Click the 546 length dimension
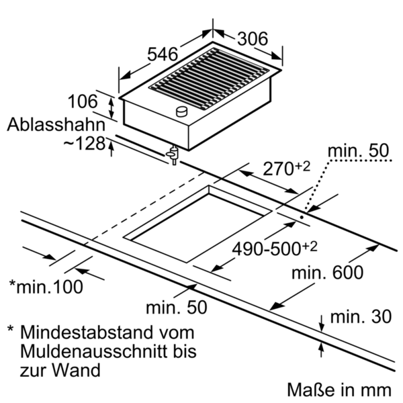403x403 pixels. pyautogui.click(x=163, y=54)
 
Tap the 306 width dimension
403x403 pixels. pyautogui.click(x=253, y=39)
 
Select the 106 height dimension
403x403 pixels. pyautogui.click(x=83, y=101)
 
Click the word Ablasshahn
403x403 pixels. pyautogui.click(x=56, y=125)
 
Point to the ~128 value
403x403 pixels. pyautogui.click(x=85, y=143)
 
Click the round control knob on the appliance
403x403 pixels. pyautogui.click(x=182, y=111)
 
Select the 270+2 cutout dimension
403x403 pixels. pyautogui.click(x=286, y=168)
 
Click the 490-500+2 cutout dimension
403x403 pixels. pyautogui.click(x=275, y=249)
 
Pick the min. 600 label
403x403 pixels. pyautogui.click(x=327, y=273)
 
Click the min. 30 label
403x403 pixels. pyautogui.click(x=361, y=316)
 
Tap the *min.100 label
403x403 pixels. pyautogui.click(x=46, y=287)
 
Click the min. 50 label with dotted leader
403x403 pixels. pyautogui.click(x=358, y=150)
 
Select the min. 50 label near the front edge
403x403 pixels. pyautogui.click(x=176, y=307)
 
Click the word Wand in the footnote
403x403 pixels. pyautogui.click(x=76, y=370)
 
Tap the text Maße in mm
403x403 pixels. pyautogui.click(x=339, y=390)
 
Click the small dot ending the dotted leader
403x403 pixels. pyautogui.click(x=302, y=217)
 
